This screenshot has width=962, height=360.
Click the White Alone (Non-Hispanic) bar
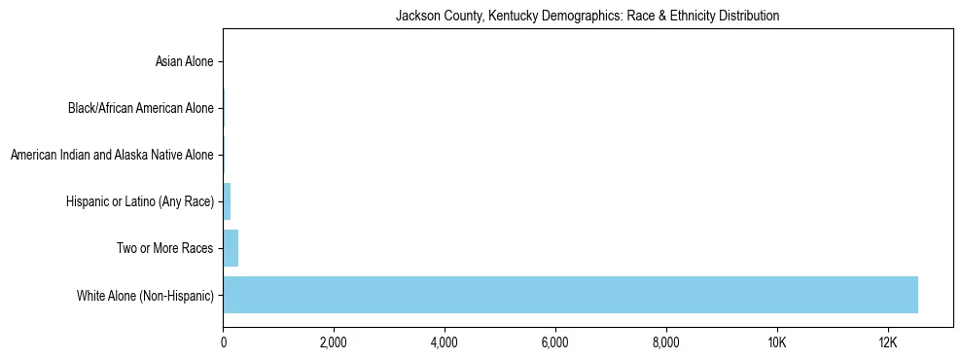pos(570,295)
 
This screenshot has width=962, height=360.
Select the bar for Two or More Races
pos(231,248)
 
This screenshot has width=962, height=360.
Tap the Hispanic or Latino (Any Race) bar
pos(227,201)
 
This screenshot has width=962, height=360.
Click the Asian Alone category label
pos(184,62)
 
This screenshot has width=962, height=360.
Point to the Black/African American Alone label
pos(140,108)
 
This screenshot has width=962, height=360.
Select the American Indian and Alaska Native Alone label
pos(112,155)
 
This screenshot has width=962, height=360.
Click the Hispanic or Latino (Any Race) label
pos(139,201)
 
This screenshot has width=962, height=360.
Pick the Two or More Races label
pos(164,248)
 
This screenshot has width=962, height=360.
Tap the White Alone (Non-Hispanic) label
pos(145,295)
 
